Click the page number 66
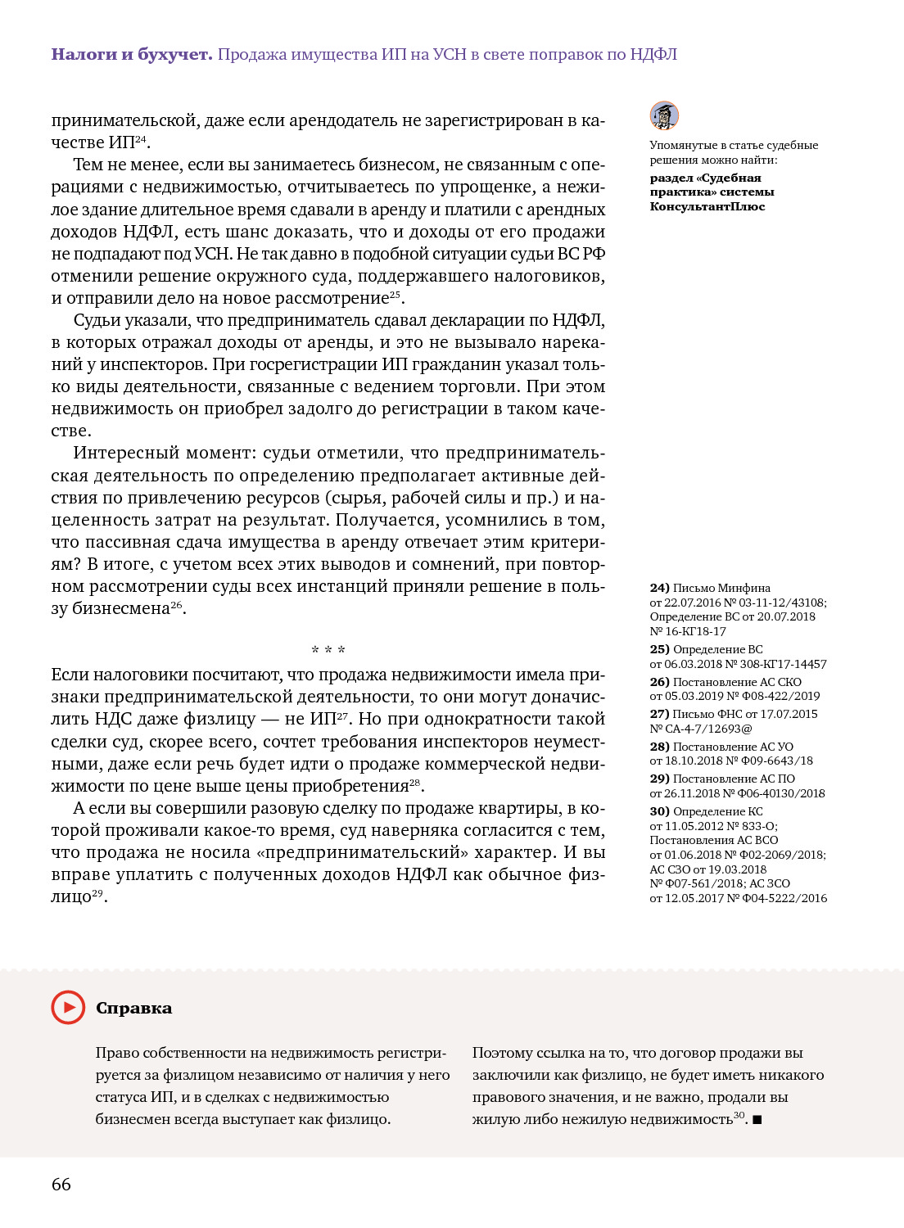(x=61, y=1184)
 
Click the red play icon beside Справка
(x=68, y=1007)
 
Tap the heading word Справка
(x=133, y=1008)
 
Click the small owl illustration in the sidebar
(x=664, y=115)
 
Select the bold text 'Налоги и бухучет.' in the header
(x=132, y=55)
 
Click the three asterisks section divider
(x=328, y=650)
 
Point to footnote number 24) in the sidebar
(x=659, y=588)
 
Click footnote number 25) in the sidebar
(x=659, y=649)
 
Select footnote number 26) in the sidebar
(x=659, y=682)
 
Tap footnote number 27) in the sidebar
(x=659, y=714)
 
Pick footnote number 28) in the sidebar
(x=659, y=747)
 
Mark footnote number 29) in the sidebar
(x=659, y=779)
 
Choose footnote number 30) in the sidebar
(x=659, y=811)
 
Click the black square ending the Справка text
(x=757, y=1120)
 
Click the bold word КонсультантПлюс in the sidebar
(x=707, y=206)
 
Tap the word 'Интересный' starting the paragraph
(x=125, y=453)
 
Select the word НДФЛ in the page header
(x=653, y=55)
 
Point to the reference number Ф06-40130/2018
(x=784, y=793)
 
